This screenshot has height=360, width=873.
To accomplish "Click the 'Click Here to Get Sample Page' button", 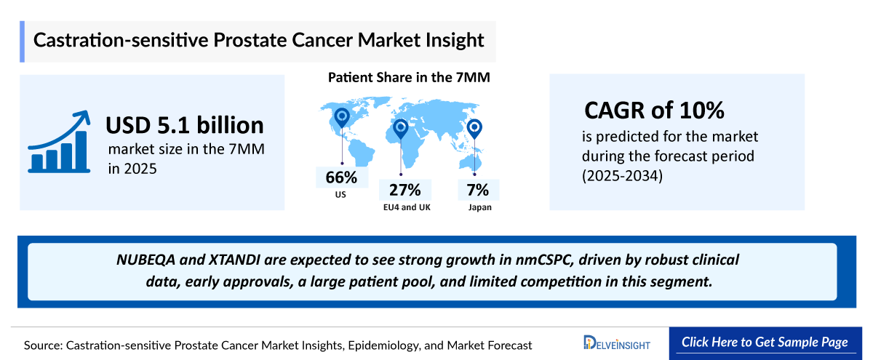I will (x=764, y=343).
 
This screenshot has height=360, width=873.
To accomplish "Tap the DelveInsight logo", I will (x=617, y=343).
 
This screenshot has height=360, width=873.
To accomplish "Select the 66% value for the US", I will (x=341, y=177).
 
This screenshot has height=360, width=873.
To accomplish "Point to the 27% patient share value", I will (x=405, y=191).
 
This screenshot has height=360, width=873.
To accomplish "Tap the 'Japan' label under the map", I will (x=479, y=208).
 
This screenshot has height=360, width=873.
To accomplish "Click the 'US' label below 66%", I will (x=341, y=195).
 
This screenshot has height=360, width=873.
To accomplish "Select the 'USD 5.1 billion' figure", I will (x=185, y=125).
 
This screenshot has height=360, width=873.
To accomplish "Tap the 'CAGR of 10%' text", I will (x=655, y=111).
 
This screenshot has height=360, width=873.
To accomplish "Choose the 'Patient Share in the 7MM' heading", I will (x=408, y=78).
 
